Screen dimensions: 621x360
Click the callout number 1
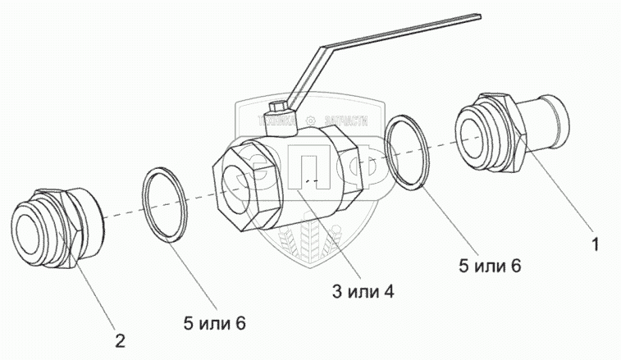point(596,244)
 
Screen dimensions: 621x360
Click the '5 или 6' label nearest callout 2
point(215,324)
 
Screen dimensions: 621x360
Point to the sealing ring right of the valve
point(407,153)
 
